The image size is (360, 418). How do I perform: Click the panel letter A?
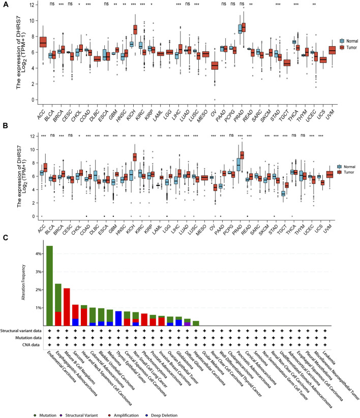tap(5, 4)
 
